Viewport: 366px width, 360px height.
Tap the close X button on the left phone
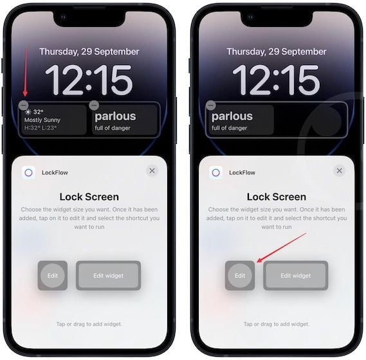click(x=152, y=171)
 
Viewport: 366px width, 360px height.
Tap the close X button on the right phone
click(x=339, y=171)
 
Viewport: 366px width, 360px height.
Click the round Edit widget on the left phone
click(x=53, y=276)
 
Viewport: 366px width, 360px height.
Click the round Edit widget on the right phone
click(x=240, y=276)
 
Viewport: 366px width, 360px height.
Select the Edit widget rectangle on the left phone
click(x=108, y=276)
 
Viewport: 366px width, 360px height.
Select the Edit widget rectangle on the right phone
click(x=295, y=276)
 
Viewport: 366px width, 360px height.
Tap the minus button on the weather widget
click(x=24, y=105)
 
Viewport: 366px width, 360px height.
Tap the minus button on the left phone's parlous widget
click(x=94, y=105)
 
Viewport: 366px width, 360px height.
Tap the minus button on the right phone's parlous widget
click(x=211, y=105)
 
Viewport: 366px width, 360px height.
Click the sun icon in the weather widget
click(x=28, y=113)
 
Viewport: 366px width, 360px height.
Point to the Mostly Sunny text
click(x=42, y=120)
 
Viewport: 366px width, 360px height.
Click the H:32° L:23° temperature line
click(x=41, y=128)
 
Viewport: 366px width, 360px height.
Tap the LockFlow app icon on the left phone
click(x=28, y=173)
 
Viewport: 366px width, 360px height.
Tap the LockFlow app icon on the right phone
click(x=215, y=173)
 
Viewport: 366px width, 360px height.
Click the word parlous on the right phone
click(x=232, y=116)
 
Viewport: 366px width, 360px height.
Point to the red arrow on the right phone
click(x=281, y=248)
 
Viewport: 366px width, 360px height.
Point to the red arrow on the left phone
click(x=26, y=73)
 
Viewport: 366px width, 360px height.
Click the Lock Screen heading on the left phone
click(x=89, y=197)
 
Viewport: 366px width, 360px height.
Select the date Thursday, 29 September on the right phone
click(x=277, y=52)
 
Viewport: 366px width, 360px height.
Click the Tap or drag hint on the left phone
click(x=89, y=324)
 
